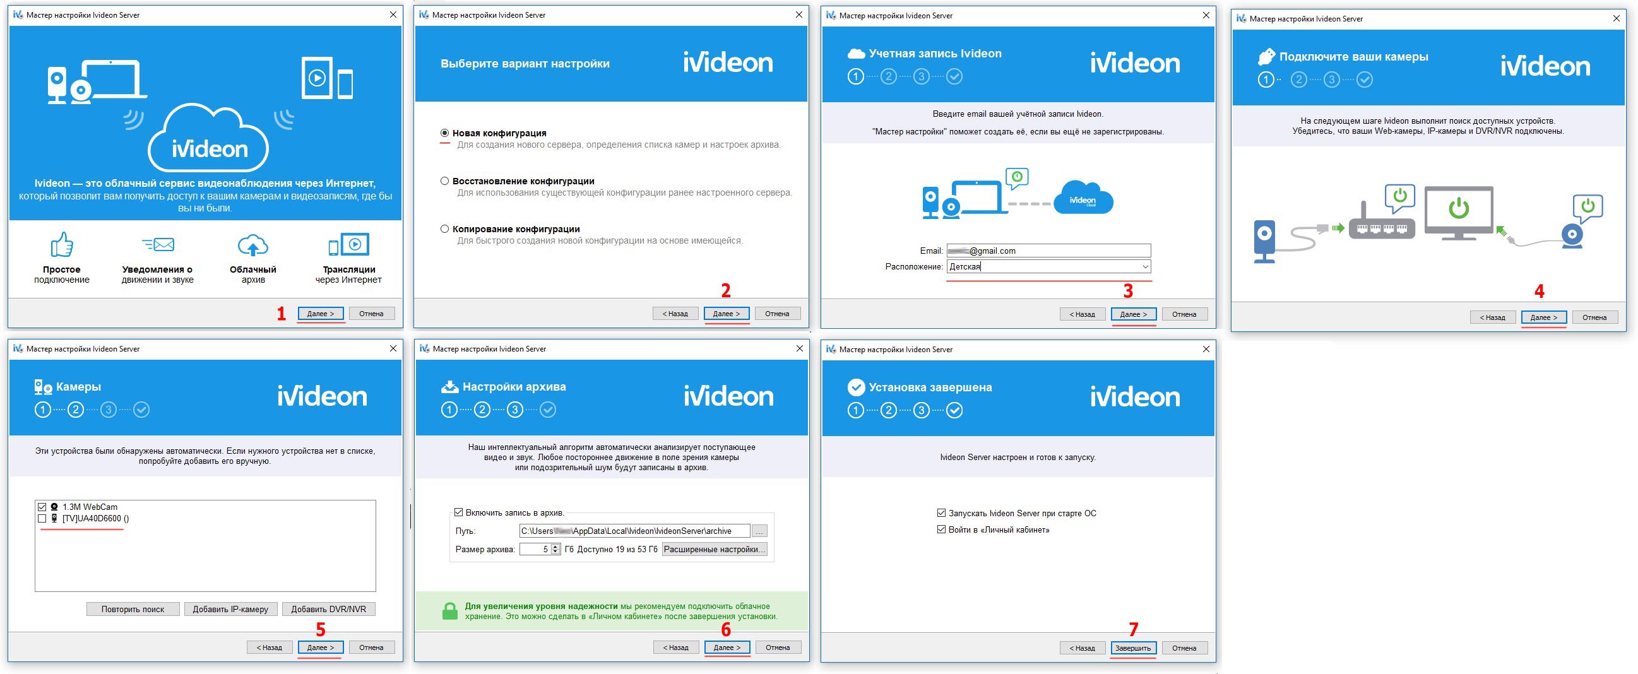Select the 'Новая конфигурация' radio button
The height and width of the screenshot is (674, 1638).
click(x=444, y=133)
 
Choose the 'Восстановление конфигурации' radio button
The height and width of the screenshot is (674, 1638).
click(x=444, y=181)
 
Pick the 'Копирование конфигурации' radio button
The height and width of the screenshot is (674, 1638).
click(x=444, y=229)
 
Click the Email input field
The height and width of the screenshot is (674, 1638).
click(x=1048, y=251)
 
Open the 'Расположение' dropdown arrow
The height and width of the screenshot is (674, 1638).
click(x=1144, y=266)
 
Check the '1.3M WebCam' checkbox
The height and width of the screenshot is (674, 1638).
click(x=42, y=507)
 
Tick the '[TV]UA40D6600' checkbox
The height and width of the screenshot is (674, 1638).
click(x=42, y=518)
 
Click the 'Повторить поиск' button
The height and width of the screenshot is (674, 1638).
click(x=133, y=609)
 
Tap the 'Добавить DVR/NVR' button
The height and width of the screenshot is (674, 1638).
click(x=329, y=609)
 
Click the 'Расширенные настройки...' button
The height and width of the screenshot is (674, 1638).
click(x=714, y=550)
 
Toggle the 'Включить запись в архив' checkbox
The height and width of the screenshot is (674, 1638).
click(x=458, y=512)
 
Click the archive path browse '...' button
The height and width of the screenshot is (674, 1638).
click(x=759, y=531)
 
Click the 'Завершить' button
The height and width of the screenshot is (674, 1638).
click(x=1133, y=648)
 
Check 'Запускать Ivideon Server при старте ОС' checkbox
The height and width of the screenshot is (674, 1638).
click(x=941, y=513)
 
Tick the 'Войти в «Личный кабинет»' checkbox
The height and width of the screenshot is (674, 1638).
click(x=941, y=529)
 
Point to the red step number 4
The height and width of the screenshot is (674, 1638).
click(x=1539, y=291)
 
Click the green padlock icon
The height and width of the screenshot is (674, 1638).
click(x=449, y=611)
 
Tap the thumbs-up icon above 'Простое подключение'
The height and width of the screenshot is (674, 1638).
click(x=62, y=244)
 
